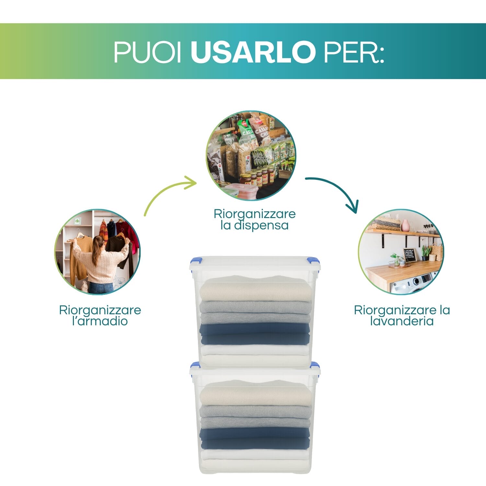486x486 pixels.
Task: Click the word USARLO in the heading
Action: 253,52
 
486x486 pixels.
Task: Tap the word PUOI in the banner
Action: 147,52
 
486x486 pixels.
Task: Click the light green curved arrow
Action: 168,194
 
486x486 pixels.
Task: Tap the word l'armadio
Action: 100,321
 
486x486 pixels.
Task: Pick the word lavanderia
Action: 402,321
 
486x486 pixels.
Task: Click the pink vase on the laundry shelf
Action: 405,226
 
